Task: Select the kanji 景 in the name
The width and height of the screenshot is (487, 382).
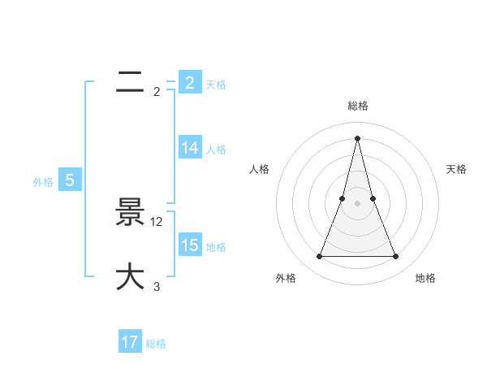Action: pos(130,214)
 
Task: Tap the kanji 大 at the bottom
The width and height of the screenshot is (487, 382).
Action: pos(130,277)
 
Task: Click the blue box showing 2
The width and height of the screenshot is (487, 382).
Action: pos(189,83)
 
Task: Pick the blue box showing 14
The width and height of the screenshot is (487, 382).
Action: pos(189,148)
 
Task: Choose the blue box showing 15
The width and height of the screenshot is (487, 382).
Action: pos(189,245)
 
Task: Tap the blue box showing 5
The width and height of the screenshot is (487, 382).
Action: pos(70,180)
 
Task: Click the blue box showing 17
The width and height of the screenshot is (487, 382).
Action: pos(130,342)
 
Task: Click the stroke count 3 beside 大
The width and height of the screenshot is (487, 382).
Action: pos(157,286)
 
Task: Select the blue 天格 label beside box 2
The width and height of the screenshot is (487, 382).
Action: pos(216,84)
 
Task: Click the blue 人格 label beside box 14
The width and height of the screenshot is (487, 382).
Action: pos(216,149)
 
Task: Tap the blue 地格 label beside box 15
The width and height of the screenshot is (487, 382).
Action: pos(216,246)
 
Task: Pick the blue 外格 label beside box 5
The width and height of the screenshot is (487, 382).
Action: pos(43,182)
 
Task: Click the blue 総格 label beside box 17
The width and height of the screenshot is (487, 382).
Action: pos(156,344)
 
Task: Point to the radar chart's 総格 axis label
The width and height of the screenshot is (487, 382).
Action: pos(357,106)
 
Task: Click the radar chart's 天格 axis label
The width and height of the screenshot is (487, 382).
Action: pos(456,169)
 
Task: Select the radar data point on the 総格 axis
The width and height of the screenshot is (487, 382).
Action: pos(357,137)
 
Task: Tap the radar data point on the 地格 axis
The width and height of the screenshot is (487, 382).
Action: pos(396,257)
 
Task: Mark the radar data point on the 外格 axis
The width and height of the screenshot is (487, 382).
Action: pos(319,257)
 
